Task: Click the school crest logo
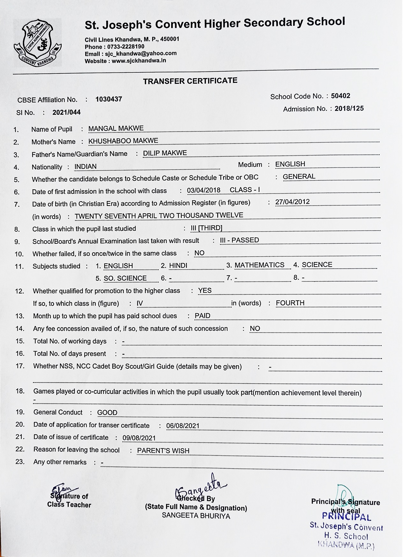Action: pos(38,42)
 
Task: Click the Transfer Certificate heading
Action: pos(190,81)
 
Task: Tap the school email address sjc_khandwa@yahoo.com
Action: pos(141,54)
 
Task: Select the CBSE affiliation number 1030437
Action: pos(109,99)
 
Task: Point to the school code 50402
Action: pos(341,96)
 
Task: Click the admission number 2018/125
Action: pos(349,108)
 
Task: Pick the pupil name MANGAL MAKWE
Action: pos(116,128)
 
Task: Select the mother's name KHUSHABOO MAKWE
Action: pos(123,141)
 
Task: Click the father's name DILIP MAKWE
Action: pos(165,153)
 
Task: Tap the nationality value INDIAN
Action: pos(85,167)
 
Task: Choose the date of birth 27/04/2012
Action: pos(293,202)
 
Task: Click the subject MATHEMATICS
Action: pos(259,265)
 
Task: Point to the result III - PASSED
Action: pos(239,240)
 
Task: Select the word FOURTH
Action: pos(290,303)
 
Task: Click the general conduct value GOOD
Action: pos(107,413)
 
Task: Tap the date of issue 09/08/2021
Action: pos(139,438)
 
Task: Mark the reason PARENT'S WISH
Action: pos(163,451)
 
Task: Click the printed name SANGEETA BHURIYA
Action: pos(196,516)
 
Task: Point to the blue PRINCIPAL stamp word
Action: pos(347,517)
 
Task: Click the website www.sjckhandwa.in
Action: pos(139,61)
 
